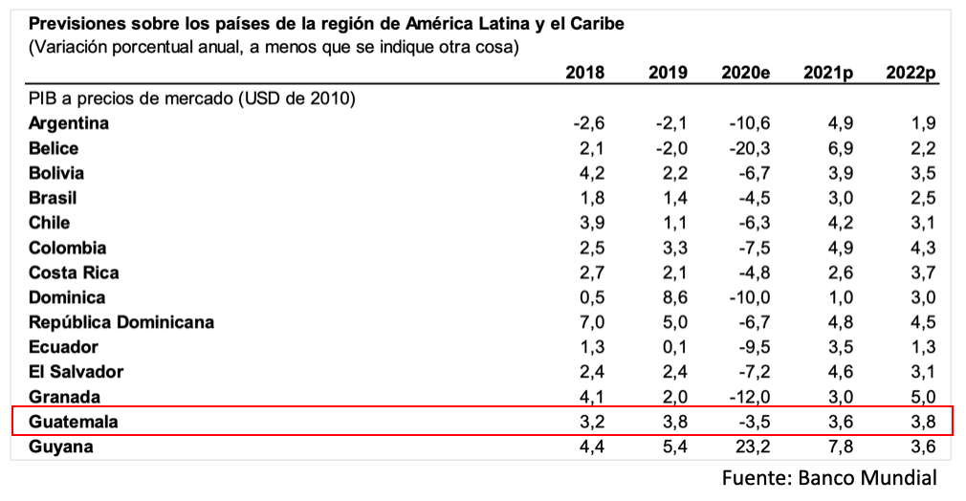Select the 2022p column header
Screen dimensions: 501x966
(x=911, y=73)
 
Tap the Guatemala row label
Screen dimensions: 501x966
(x=73, y=422)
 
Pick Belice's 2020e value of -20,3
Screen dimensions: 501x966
(x=751, y=148)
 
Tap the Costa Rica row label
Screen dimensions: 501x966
(x=75, y=272)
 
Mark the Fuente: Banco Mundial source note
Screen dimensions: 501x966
(x=829, y=478)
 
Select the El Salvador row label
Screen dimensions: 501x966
(x=76, y=372)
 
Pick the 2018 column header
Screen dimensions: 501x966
(x=584, y=73)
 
